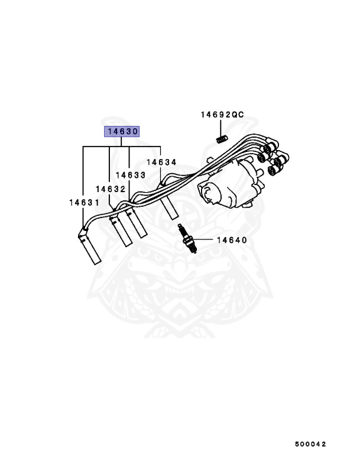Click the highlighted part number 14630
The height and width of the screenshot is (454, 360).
(122, 132)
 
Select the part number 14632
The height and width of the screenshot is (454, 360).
(110, 189)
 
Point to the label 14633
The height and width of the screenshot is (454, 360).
(131, 175)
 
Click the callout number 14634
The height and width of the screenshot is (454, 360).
(161, 161)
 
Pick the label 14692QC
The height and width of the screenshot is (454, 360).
(222, 115)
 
